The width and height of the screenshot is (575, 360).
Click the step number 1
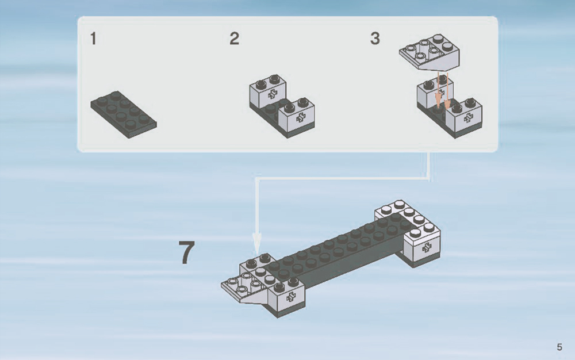click(93, 39)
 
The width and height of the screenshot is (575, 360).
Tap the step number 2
click(235, 39)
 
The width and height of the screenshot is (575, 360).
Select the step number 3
click(375, 39)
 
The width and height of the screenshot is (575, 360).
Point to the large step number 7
click(187, 252)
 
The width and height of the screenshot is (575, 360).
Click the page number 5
click(559, 347)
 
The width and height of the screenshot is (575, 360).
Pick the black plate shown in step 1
click(124, 114)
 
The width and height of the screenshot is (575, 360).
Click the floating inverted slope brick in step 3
click(430, 52)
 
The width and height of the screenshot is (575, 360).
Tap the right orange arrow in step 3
click(447, 91)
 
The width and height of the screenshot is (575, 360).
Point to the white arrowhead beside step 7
click(257, 244)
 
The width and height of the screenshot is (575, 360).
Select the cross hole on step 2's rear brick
click(272, 94)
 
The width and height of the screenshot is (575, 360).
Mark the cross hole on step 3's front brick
click(468, 118)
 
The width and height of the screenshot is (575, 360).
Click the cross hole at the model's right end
click(426, 248)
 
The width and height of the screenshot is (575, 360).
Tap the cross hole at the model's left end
click(291, 297)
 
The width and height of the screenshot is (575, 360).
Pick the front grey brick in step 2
click(297, 116)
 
